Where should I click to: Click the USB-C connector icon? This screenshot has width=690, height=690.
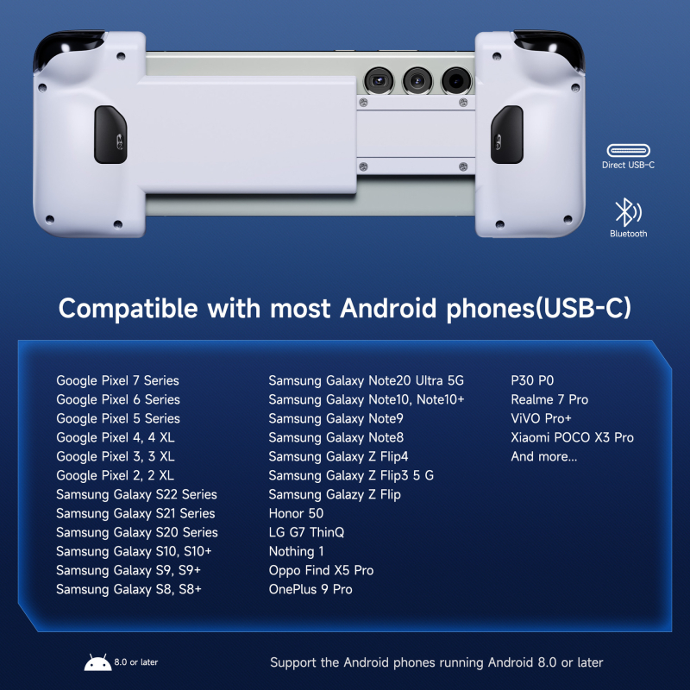[628, 150]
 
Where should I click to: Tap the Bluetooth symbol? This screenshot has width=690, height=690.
[627, 213]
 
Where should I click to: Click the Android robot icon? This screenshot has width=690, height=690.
[97, 662]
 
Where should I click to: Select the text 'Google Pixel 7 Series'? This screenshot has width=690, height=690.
[117, 380]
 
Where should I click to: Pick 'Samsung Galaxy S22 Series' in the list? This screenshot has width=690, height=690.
[136, 494]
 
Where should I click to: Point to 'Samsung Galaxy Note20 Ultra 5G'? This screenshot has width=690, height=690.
[366, 380]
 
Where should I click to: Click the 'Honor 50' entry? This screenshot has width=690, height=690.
[296, 513]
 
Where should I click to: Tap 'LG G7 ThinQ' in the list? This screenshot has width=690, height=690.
[306, 532]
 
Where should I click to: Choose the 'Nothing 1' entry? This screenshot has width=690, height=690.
[297, 551]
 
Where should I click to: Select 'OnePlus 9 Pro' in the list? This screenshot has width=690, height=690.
[310, 589]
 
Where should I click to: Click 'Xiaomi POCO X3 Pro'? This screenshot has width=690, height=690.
[572, 437]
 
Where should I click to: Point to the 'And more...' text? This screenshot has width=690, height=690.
[544, 456]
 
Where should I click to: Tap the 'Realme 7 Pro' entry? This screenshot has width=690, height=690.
[549, 399]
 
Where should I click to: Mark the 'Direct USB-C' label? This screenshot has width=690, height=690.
[628, 165]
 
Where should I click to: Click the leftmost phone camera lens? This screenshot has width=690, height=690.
[377, 81]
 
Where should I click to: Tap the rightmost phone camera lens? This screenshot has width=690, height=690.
[455, 81]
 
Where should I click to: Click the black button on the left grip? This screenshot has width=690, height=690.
[111, 135]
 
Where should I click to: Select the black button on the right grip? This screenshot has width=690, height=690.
[507, 135]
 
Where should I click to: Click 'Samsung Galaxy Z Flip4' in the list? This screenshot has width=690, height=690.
[338, 456]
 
